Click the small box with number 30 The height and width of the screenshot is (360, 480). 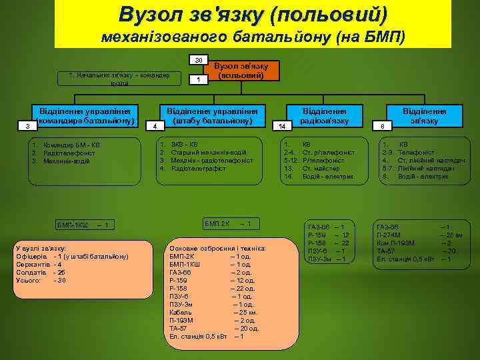pos(199,61)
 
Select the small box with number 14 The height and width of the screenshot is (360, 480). pos(282,125)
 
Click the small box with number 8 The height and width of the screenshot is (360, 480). pos(383,125)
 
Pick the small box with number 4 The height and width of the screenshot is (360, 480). pos(155,125)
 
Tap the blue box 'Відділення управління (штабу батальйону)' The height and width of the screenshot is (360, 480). pos(212,115)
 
